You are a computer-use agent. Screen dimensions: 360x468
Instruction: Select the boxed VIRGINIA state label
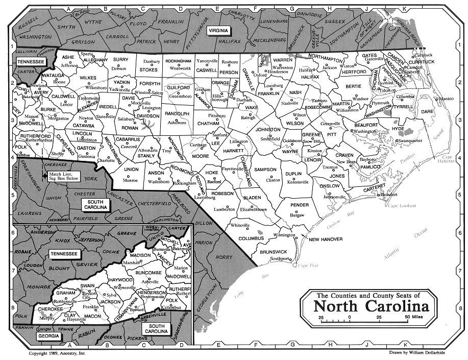220,31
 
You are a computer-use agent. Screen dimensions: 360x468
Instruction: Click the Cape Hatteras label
450,159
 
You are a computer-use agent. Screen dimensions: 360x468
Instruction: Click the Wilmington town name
284,235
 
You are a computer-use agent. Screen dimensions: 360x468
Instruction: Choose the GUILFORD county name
179,88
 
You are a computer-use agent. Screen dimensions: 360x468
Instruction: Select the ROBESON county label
223,194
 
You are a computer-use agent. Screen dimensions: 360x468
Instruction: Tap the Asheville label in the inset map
151,281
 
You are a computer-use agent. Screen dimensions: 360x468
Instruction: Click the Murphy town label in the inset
48,318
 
